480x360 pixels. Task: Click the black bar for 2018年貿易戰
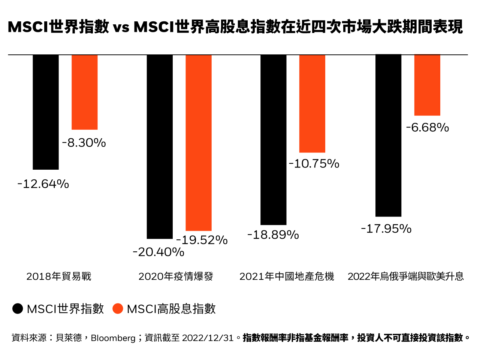click(46, 112)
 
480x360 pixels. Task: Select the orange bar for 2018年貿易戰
click(85, 92)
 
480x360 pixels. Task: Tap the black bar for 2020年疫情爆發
click(160, 146)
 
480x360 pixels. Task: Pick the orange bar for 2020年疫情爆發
click(199, 143)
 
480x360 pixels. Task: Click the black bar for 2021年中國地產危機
click(274, 140)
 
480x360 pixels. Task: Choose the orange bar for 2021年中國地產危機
click(312, 104)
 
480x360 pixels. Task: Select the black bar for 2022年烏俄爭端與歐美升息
click(388, 136)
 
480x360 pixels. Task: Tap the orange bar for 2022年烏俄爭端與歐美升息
click(427, 85)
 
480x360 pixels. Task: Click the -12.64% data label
click(43, 184)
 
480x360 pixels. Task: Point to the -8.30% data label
click(84, 143)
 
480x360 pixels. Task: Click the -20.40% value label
click(159, 252)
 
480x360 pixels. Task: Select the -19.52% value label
click(202, 240)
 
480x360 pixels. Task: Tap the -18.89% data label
click(273, 235)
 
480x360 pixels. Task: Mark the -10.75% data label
click(314, 164)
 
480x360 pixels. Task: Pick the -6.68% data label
click(428, 128)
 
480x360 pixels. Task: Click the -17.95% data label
click(386, 229)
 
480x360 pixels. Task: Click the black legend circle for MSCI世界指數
click(18, 309)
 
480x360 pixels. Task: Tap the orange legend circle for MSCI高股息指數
click(118, 309)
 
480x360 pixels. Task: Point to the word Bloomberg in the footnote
click(113, 338)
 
